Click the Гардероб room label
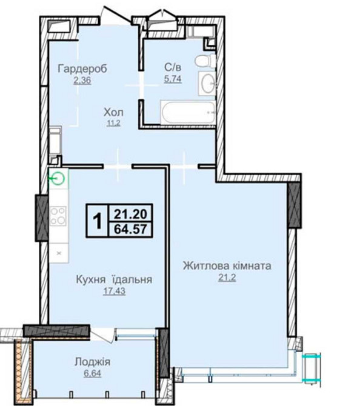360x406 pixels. click(82, 69)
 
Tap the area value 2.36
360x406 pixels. click(82, 80)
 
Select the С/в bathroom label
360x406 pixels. click(173, 67)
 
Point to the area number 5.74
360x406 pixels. click(173, 78)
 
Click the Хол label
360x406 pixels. click(113, 112)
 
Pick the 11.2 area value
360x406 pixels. click(114, 123)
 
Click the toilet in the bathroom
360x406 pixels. click(205, 61)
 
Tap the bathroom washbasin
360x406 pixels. click(208, 84)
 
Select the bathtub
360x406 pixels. click(188, 113)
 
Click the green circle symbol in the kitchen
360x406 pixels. click(58, 178)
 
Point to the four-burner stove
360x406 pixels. click(58, 216)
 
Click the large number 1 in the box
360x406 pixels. click(98, 221)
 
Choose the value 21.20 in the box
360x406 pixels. click(130, 214)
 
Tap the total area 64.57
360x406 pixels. click(130, 229)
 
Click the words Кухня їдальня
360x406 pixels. click(114, 279)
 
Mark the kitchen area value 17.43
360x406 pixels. click(114, 291)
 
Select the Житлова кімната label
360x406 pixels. click(227, 266)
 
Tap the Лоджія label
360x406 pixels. click(93, 362)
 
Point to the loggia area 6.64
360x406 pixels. click(93, 374)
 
